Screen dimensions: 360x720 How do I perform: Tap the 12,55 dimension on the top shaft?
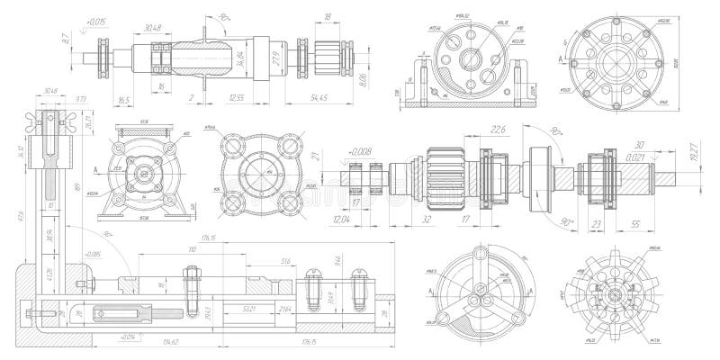point(237,96)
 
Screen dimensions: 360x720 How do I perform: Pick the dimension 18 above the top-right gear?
point(327,16)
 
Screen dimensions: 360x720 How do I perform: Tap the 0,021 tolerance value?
point(635,157)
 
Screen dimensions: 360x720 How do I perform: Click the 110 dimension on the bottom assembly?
point(191,247)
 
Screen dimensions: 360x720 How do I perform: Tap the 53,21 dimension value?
point(249,308)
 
